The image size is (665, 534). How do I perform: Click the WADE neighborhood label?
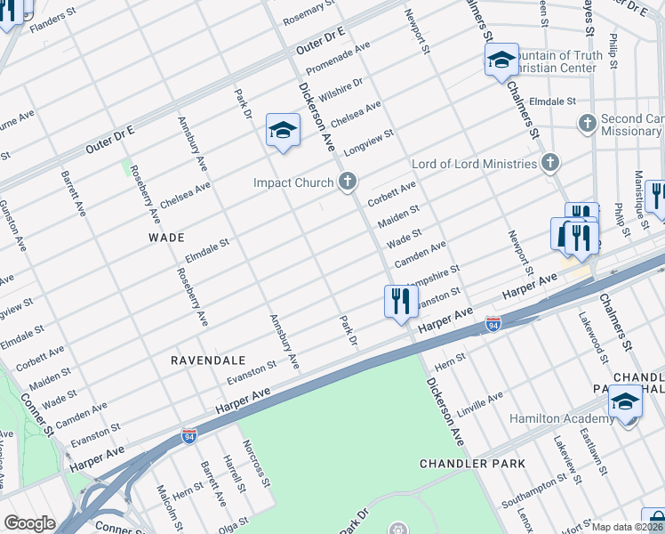166,238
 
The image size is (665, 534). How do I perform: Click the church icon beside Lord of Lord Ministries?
550,163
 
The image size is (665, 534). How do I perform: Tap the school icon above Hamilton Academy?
625,400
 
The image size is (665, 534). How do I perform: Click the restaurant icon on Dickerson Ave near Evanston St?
401,301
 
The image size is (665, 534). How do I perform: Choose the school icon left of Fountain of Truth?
501,59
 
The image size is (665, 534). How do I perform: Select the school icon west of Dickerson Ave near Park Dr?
283,131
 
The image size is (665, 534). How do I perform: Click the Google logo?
29,523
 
